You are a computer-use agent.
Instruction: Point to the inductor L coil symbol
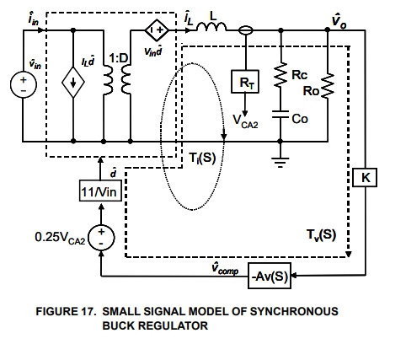point(211,27)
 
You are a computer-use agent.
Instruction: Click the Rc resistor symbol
point(280,75)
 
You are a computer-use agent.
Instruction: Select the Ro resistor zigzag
point(327,86)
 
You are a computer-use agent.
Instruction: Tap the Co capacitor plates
point(280,115)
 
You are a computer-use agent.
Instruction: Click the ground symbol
point(280,163)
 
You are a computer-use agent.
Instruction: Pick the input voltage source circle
point(24,84)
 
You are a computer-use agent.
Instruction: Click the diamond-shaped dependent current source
point(73,83)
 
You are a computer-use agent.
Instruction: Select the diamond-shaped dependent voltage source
point(157,30)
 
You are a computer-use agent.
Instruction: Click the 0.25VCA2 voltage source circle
point(101,238)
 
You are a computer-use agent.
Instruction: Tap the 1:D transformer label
point(118,58)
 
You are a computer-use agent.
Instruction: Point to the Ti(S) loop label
point(202,158)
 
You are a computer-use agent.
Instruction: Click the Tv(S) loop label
point(321,234)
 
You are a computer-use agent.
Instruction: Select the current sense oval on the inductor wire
point(246,30)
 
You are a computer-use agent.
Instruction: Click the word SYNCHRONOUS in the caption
point(294,311)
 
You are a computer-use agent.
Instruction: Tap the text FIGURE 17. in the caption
point(66,311)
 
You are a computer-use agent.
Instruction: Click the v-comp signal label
point(225,268)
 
